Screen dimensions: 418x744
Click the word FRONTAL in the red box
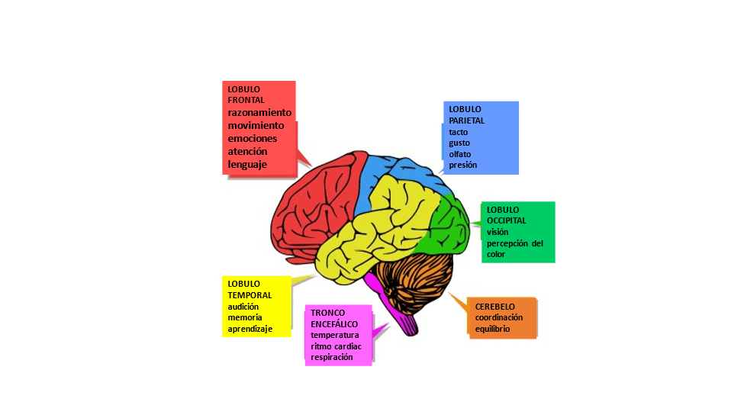(246, 100)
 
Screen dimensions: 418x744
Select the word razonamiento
(259, 112)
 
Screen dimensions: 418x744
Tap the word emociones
(253, 138)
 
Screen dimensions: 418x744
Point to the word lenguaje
(248, 164)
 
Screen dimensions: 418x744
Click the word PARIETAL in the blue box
(466, 121)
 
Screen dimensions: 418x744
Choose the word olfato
(460, 154)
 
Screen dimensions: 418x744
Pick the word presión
(463, 165)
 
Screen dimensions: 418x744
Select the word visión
(498, 232)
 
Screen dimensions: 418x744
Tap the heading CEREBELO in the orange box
(495, 306)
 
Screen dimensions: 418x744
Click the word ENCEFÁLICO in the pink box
(334, 324)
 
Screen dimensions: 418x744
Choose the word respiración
(332, 357)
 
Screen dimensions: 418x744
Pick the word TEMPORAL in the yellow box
(250, 295)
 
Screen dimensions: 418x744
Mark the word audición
(244, 307)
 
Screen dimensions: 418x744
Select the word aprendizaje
(250, 330)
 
